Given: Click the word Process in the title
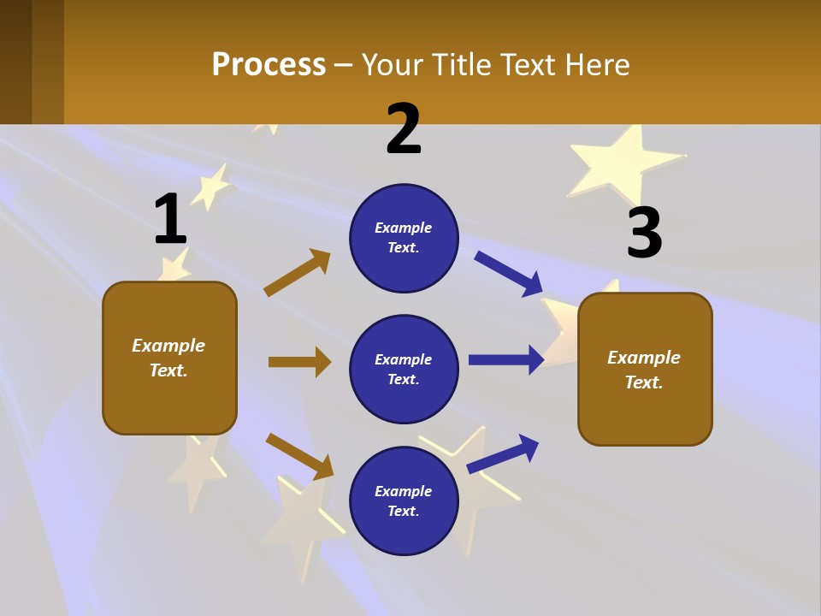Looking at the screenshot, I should click(269, 64).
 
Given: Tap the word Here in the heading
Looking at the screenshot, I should click(595, 64).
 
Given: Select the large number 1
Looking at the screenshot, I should click(170, 219).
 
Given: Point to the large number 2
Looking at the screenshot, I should click(404, 129).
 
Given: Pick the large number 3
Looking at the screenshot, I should click(644, 233).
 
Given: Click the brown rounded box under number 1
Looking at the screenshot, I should click(169, 358).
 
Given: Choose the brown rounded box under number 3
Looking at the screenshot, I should click(645, 369).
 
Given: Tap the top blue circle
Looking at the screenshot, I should click(404, 238).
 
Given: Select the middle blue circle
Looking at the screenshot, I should click(404, 369).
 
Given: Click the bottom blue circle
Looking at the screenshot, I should click(404, 500).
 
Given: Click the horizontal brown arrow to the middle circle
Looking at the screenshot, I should click(299, 362).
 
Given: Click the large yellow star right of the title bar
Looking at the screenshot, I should click(624, 160).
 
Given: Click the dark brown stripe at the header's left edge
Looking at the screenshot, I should click(16, 62).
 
